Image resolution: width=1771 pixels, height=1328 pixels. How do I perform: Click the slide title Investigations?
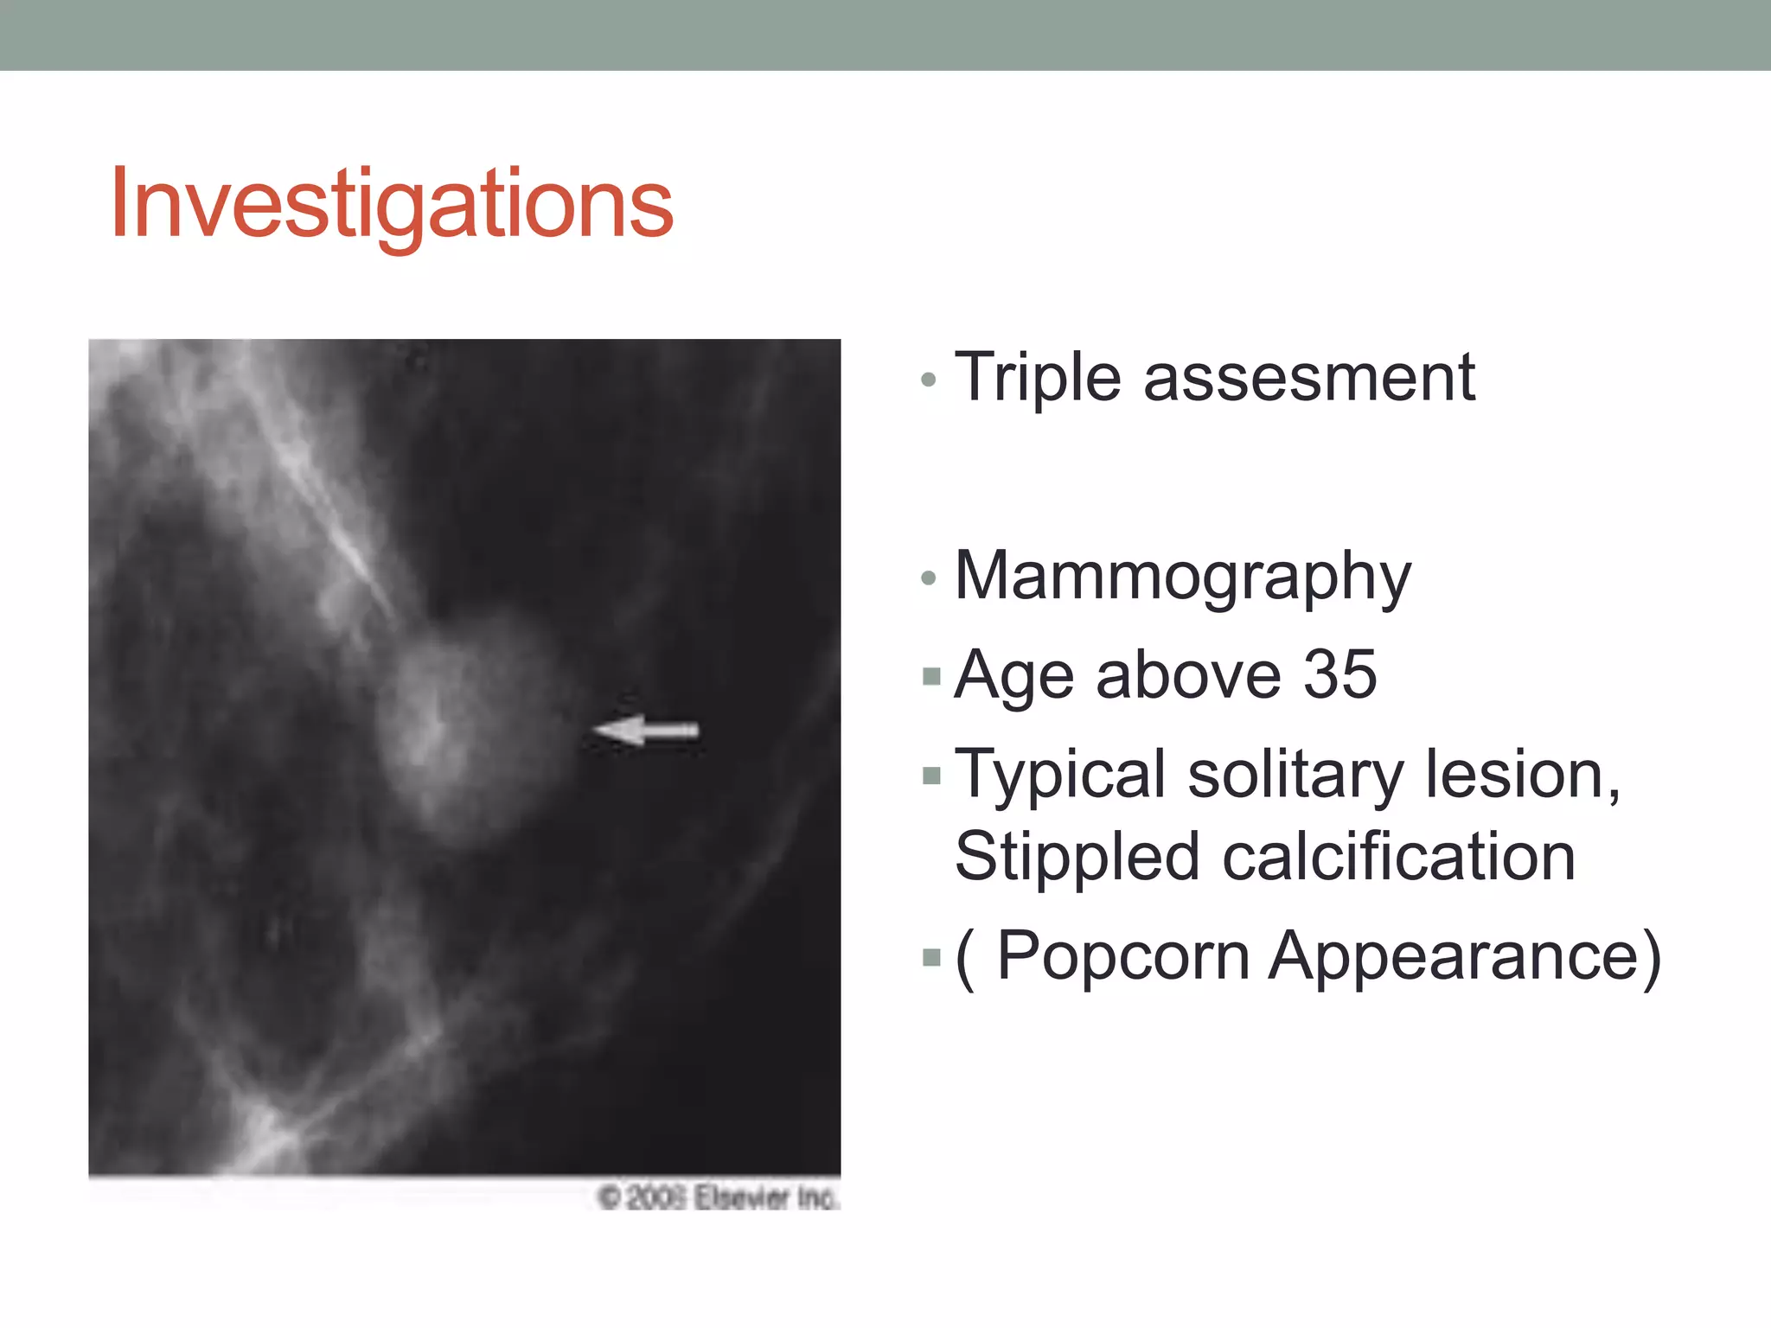pyautogui.click(x=391, y=204)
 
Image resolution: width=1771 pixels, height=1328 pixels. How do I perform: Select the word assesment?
pyautogui.click(x=1309, y=379)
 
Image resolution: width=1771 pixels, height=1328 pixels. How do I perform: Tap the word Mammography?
pyautogui.click(x=1182, y=577)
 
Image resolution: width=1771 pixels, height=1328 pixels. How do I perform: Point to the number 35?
pyautogui.click(x=1339, y=675)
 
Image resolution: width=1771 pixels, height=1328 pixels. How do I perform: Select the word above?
pyautogui.click(x=1188, y=675)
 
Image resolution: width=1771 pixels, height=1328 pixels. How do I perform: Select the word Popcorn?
pyautogui.click(x=1123, y=956)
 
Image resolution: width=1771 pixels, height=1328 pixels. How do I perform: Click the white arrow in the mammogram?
pyautogui.click(x=647, y=731)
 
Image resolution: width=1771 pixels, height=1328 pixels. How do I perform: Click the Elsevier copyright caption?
pyautogui.click(x=718, y=1197)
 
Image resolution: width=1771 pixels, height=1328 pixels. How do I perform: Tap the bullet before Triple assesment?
pyautogui.click(x=929, y=380)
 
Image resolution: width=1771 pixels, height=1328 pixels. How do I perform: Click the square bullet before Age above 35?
pyautogui.click(x=931, y=675)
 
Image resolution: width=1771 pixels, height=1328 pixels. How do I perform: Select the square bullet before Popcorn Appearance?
pyautogui.click(x=931, y=957)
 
